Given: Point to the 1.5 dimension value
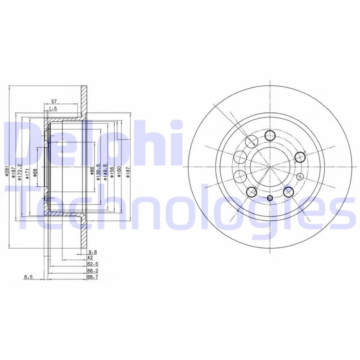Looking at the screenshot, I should [x=53, y=108].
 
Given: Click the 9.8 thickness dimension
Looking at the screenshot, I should [x=93, y=252].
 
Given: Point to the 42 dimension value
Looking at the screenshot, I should [x=90, y=258].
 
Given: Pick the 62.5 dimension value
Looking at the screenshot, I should [x=93, y=265].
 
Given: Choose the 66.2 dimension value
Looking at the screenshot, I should [x=93, y=271].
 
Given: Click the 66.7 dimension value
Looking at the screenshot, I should [x=93, y=278].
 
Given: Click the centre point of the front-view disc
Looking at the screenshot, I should [x=270, y=166].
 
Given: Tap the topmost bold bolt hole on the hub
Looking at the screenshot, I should [x=270, y=135].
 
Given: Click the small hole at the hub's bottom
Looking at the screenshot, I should [x=270, y=198].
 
